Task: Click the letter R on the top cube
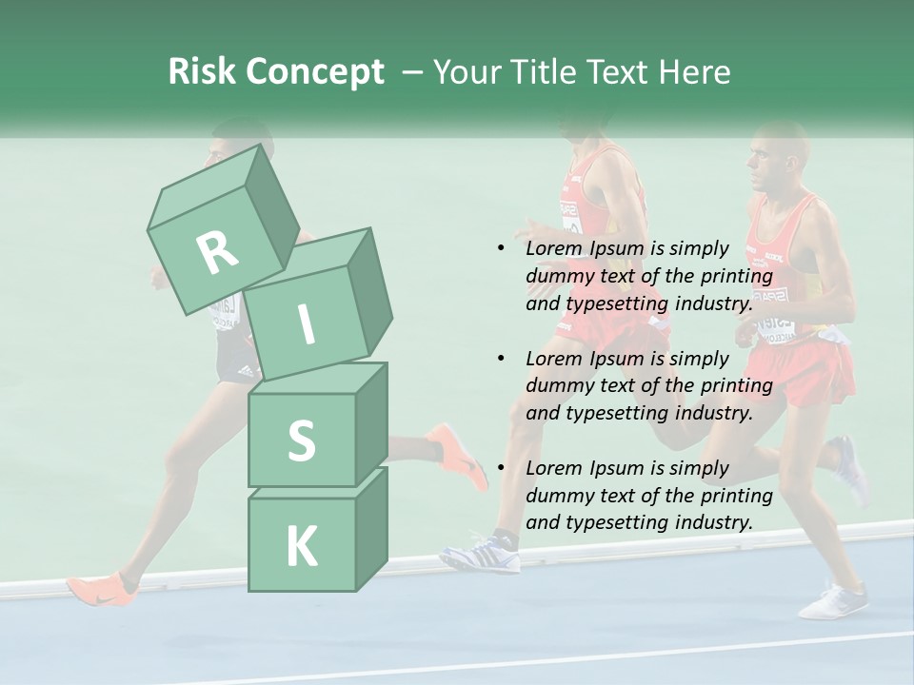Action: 218,252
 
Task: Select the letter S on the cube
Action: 301,440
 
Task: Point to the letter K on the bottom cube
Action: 301,546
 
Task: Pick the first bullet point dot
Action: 501,249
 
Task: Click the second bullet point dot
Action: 501,360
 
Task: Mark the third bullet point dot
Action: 501,469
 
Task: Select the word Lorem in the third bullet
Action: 554,468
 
